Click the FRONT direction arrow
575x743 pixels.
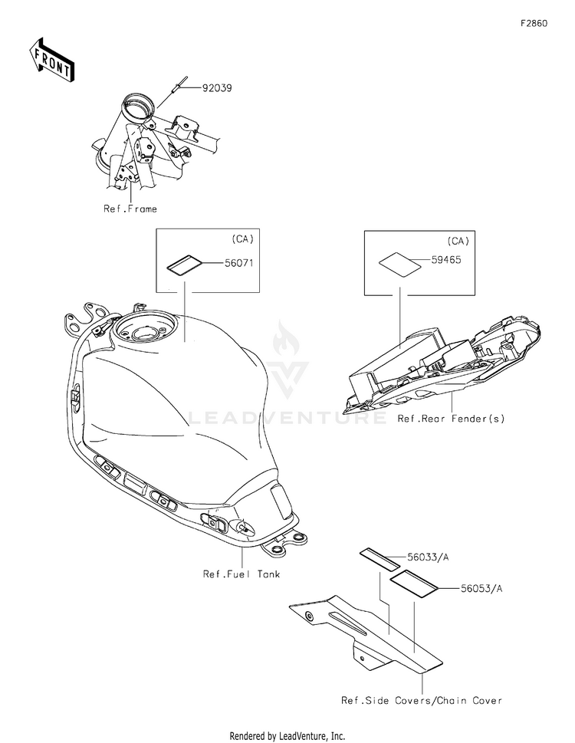(x=51, y=60)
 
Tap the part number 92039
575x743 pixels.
(x=217, y=88)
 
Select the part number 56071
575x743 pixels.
(x=238, y=262)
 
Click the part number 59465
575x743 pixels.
(x=445, y=260)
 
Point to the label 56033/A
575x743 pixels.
(x=428, y=557)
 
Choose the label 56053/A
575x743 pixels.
(x=481, y=589)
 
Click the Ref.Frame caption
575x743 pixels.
(x=130, y=209)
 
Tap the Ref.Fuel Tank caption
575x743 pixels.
(x=242, y=574)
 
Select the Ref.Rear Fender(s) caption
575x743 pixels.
(x=451, y=419)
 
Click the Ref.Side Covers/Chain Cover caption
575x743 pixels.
(x=422, y=700)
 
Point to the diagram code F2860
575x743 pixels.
(x=534, y=23)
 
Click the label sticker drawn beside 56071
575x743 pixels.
(x=184, y=265)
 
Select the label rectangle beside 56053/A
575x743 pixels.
(x=414, y=583)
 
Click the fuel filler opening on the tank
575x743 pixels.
(x=146, y=330)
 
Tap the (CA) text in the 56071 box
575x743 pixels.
(x=242, y=238)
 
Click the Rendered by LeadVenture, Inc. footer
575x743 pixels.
(x=287, y=736)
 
